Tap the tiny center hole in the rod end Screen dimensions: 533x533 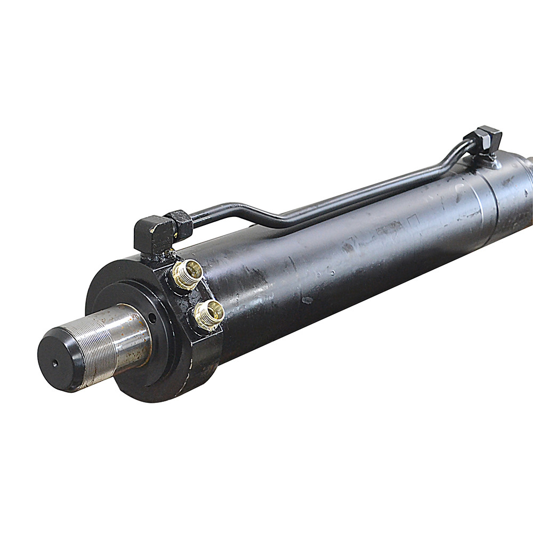[x=55, y=365]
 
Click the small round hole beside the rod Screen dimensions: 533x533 [x=152, y=320]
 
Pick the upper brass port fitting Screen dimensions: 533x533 [x=188, y=273]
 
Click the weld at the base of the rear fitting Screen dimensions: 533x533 [x=490, y=161]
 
